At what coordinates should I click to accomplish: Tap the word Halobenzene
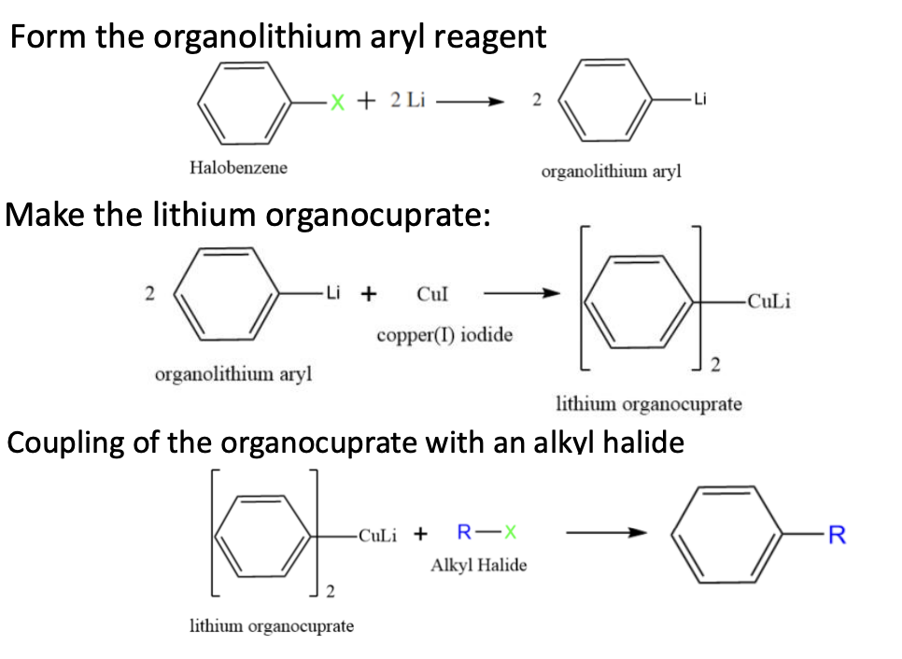pos(238,168)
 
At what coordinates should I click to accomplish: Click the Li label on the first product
pos(699,100)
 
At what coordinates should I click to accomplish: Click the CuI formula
pos(431,294)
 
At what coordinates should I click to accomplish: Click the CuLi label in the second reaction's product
pos(768,301)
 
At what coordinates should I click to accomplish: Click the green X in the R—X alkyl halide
pos(510,534)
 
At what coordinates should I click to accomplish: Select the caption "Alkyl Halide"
pos(478,565)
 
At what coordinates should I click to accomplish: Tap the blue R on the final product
pos(837,535)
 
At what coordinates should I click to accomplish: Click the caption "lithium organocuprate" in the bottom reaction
pos(272,625)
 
